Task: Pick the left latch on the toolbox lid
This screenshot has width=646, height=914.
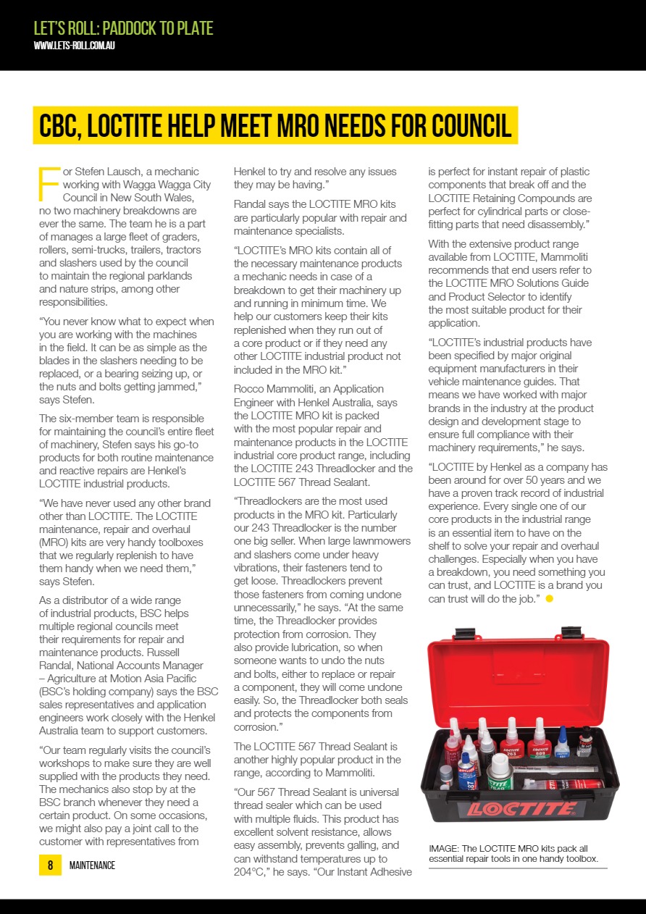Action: [465, 634]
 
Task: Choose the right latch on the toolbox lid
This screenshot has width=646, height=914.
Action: [571, 633]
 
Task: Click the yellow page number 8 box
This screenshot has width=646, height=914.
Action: [50, 865]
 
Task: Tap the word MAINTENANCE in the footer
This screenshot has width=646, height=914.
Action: [92, 865]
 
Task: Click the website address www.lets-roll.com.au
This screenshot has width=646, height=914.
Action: [75, 46]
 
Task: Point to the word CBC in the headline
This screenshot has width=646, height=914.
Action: [62, 126]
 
